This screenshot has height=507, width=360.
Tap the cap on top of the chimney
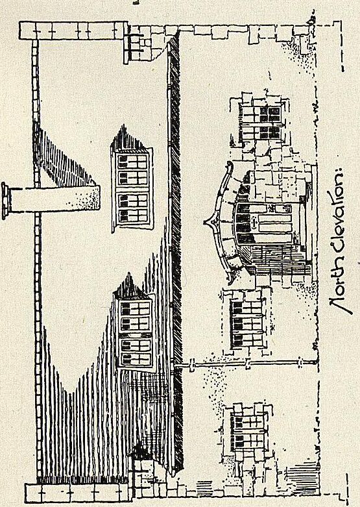[6, 201]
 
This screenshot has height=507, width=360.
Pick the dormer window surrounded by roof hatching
[135, 330]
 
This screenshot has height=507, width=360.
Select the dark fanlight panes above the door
[243, 223]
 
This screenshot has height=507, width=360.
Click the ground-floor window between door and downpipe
[246, 323]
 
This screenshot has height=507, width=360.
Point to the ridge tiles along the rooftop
[37, 258]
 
